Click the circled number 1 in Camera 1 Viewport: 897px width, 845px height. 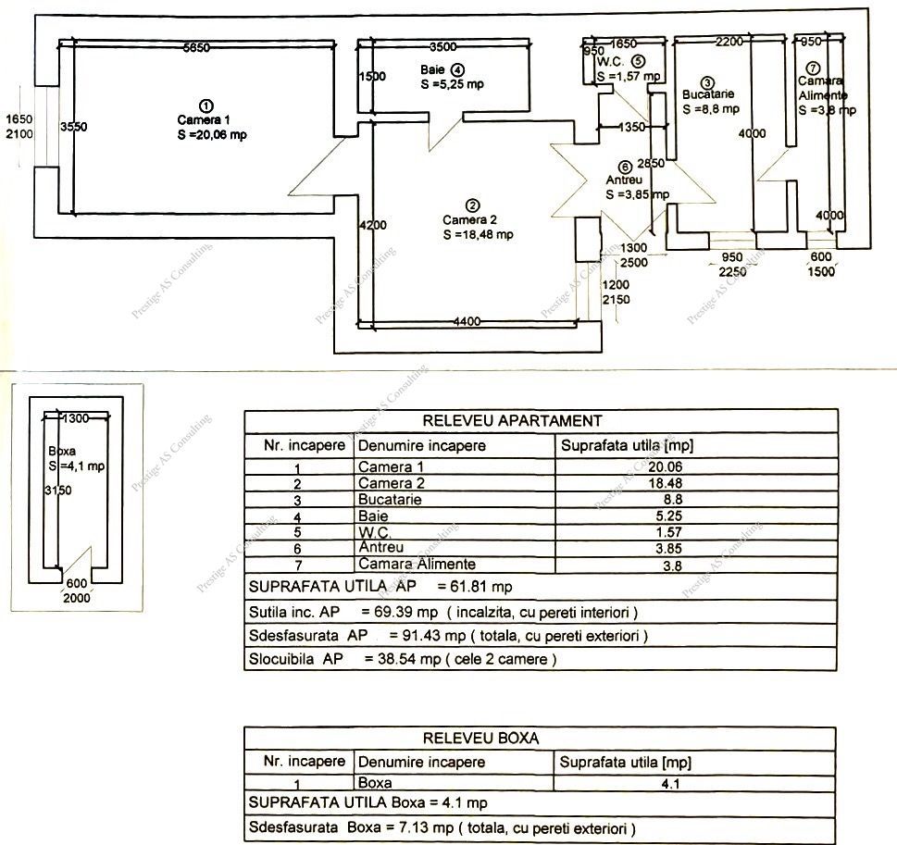(x=207, y=105)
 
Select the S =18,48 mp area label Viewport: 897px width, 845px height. (x=478, y=235)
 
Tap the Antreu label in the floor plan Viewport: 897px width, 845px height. (x=625, y=180)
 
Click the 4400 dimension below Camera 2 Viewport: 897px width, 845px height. (x=467, y=322)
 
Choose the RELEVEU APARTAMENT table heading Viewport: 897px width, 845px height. (x=512, y=421)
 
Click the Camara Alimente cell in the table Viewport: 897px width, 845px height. (x=417, y=565)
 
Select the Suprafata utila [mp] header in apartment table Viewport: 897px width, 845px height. (x=628, y=445)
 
